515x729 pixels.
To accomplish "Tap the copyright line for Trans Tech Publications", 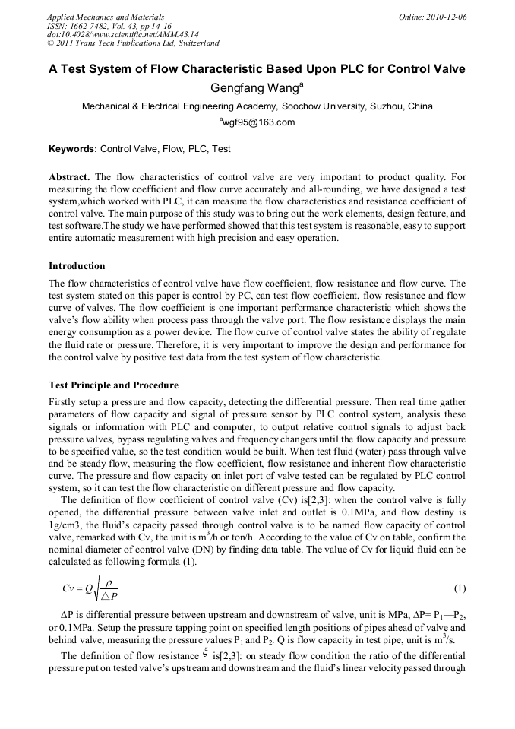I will [x=133, y=43].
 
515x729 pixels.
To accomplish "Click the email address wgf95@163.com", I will [x=257, y=122].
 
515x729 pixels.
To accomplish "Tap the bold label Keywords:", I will [x=73, y=149].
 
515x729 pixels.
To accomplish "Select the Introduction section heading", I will [x=77, y=266].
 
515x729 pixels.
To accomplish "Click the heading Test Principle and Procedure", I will [x=113, y=385].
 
